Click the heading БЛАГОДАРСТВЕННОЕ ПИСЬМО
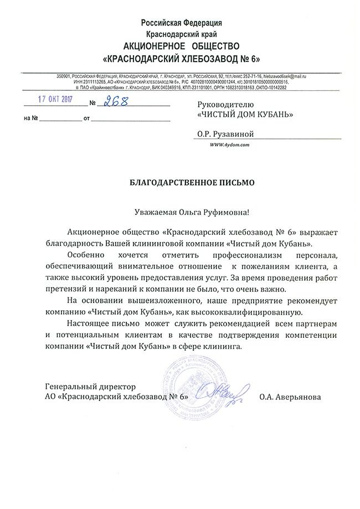click(x=181, y=182)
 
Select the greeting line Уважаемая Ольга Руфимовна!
click(x=181, y=212)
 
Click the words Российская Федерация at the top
click(x=182, y=23)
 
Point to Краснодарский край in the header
click(x=182, y=34)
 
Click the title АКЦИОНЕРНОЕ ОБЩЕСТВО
click(x=181, y=45)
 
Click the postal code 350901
click(x=65, y=75)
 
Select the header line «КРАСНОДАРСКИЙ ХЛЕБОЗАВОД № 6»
click(x=181, y=58)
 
